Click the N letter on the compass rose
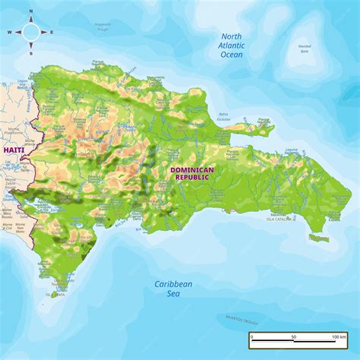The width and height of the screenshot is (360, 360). [31, 11]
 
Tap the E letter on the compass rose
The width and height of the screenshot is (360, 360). [52, 33]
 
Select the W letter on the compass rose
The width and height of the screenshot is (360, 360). [10, 33]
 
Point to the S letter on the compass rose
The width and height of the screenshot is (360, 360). [31, 53]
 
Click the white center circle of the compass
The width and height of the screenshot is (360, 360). [31, 33]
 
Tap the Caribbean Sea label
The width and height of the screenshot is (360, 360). [173, 289]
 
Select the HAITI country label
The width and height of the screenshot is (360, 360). [13, 151]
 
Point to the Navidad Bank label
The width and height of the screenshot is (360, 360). [305, 48]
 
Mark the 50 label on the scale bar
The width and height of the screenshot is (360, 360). [293, 336]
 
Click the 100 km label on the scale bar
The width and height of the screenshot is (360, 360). [339, 336]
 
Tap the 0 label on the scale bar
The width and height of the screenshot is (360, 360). [251, 336]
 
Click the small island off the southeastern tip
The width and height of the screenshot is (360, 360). [320, 238]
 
